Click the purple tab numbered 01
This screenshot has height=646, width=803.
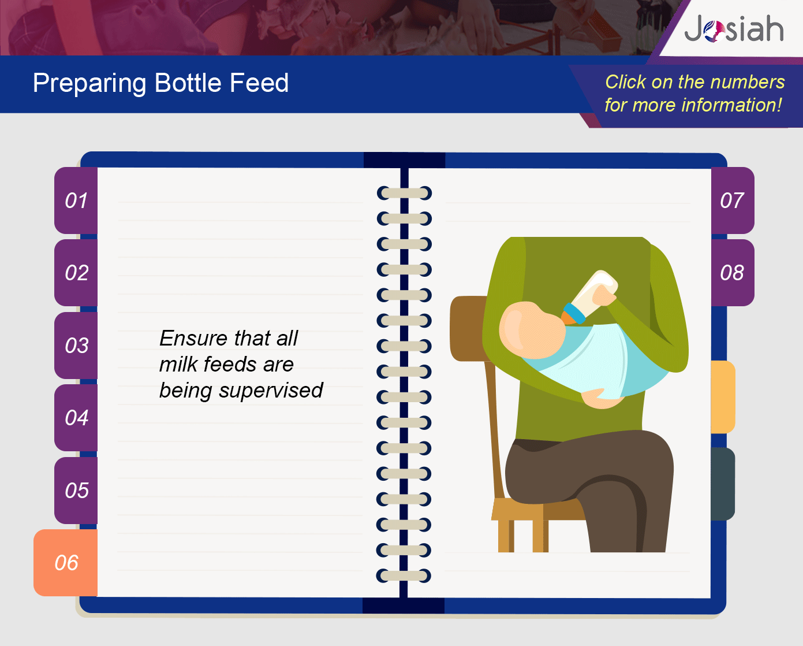[x=76, y=201]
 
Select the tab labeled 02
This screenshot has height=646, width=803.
[x=76, y=273]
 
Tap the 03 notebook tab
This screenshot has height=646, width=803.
[x=76, y=345]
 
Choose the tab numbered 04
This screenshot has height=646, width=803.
[x=76, y=418]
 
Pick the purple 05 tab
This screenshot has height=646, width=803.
[x=76, y=490]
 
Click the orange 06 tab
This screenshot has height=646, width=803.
[x=66, y=563]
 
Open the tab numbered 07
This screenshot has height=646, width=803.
[x=733, y=201]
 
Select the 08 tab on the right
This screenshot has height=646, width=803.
[x=733, y=273]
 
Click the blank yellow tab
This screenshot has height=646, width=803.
[x=723, y=397]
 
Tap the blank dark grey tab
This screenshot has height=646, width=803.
[x=723, y=484]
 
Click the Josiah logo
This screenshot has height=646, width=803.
[x=734, y=28]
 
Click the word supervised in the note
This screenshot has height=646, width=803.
[x=271, y=391]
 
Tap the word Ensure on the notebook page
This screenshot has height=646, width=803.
[x=193, y=338]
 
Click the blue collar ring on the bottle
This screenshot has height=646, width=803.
[x=574, y=313]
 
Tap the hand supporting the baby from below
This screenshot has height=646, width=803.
[x=602, y=399]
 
